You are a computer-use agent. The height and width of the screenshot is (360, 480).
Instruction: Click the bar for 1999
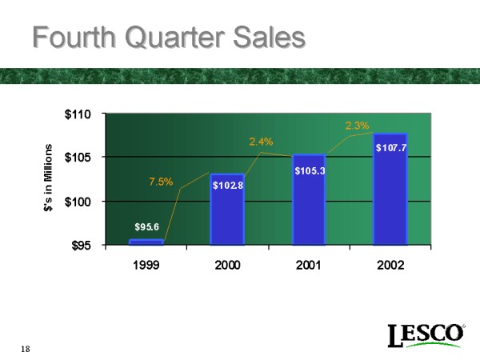click(146, 242)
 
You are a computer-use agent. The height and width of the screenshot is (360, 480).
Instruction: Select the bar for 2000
click(227, 210)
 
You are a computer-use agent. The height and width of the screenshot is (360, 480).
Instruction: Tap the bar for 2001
click(308, 199)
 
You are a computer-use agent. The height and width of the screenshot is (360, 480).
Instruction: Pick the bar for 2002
click(390, 189)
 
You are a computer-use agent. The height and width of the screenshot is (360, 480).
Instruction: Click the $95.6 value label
click(147, 226)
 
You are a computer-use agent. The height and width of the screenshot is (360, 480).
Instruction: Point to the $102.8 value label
click(227, 185)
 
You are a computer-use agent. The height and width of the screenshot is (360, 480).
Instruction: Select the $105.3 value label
click(309, 170)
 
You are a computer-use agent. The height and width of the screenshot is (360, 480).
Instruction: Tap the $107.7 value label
click(391, 147)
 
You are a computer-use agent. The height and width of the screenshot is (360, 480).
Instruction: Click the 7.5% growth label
click(161, 182)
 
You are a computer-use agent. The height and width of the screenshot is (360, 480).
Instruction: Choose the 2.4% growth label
click(261, 142)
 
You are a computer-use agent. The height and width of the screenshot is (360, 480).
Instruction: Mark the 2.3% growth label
click(357, 125)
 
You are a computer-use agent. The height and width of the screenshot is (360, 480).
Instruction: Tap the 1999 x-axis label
click(146, 265)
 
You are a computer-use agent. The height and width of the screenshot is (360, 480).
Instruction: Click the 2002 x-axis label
click(390, 265)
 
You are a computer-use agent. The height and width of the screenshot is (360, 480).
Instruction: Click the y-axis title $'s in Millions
click(47, 178)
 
